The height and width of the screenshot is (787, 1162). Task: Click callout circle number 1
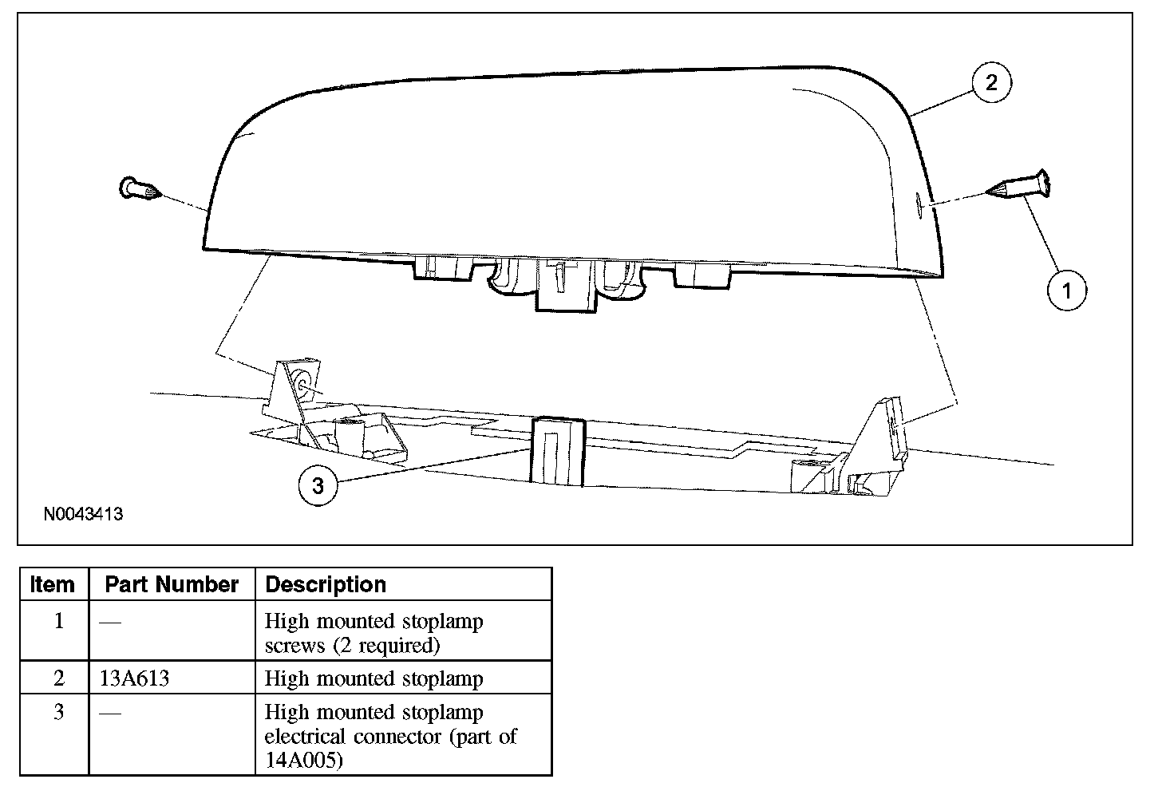[1067, 290]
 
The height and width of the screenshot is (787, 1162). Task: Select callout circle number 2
[991, 82]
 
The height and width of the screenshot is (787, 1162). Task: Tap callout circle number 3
[318, 484]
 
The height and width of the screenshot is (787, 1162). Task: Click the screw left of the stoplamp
[138, 189]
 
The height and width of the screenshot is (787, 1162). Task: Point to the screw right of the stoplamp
[1022, 186]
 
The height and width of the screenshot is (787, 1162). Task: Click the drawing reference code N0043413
[83, 514]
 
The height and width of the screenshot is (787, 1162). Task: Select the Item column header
[53, 584]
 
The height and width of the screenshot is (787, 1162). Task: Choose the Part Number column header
[172, 584]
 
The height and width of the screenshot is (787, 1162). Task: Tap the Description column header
[326, 584]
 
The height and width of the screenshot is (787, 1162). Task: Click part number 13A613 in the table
[135, 678]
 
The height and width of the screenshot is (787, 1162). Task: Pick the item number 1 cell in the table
[58, 621]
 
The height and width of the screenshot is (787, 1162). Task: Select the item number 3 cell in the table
[58, 712]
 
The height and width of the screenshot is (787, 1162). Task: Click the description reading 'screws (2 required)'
[352, 645]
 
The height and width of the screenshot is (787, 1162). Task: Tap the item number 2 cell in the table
[58, 678]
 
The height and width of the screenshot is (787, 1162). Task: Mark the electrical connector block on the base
[557, 451]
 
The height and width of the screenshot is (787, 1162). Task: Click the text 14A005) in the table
[304, 760]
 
